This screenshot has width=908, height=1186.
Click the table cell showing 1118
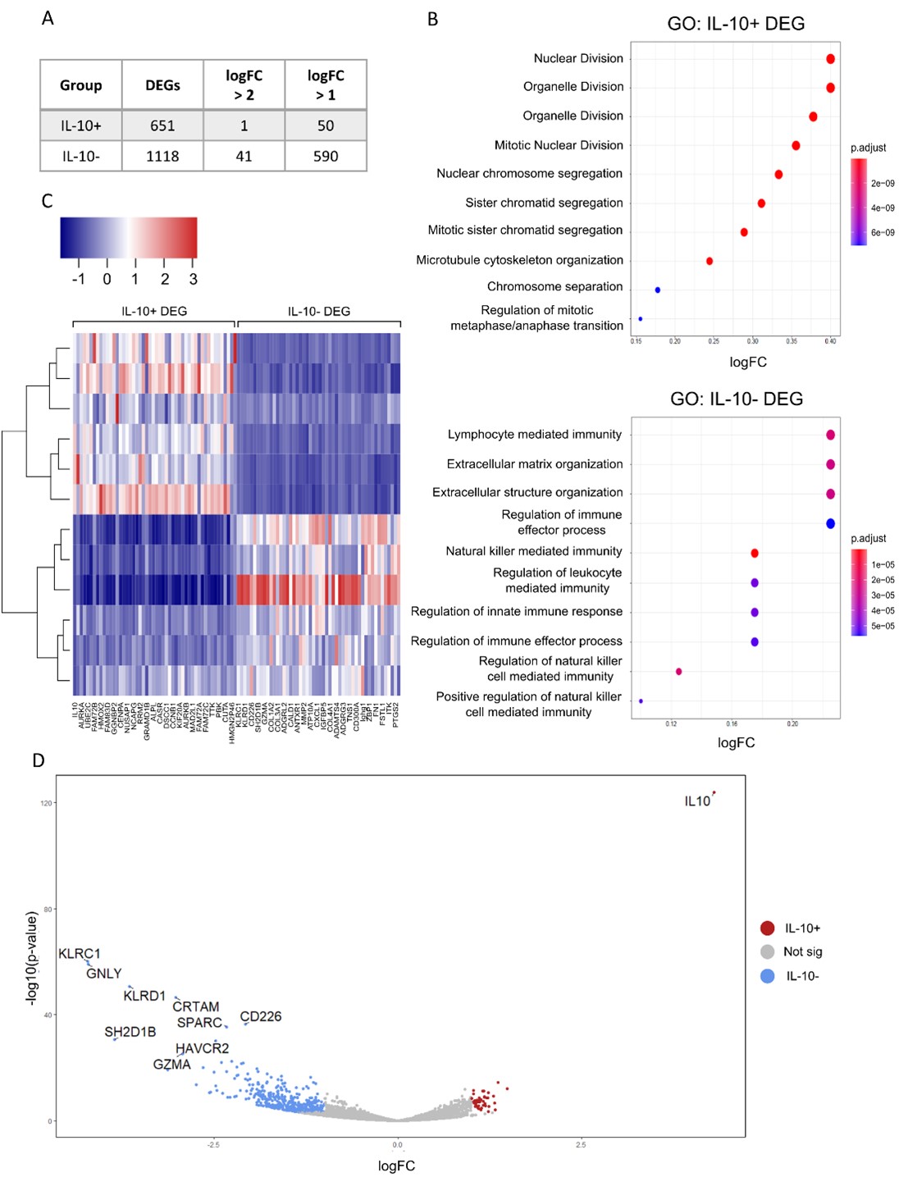162,156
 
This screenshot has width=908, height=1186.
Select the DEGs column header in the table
162,85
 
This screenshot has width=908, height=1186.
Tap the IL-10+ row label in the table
81,125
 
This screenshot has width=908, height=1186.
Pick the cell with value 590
326,156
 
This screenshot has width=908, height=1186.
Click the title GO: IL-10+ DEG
736,24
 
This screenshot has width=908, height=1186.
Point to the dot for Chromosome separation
658,290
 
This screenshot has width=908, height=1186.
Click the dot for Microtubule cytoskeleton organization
710,261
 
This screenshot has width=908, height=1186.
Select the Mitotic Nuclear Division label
559,145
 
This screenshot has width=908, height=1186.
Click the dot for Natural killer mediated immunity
755,554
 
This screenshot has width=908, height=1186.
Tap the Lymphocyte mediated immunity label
535,435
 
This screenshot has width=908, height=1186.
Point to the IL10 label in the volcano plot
697,801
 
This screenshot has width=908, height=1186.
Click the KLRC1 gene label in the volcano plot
80,954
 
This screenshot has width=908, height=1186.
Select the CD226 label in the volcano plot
261,1016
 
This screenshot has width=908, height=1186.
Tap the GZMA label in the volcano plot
171,1065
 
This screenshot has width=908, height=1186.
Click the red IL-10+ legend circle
768,928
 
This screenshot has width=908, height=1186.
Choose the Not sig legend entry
802,951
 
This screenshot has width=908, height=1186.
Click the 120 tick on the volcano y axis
46,803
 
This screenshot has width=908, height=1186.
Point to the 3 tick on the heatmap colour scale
194,279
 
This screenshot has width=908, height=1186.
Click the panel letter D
39,760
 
